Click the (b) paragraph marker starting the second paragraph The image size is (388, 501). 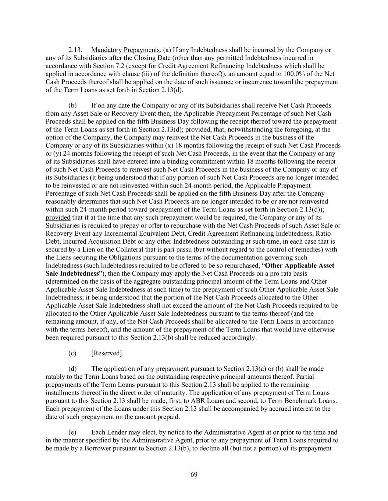coord(72,106)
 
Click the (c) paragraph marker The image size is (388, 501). coord(72,353)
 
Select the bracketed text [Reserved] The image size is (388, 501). coord(107,353)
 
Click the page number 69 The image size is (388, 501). coord(194,475)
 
